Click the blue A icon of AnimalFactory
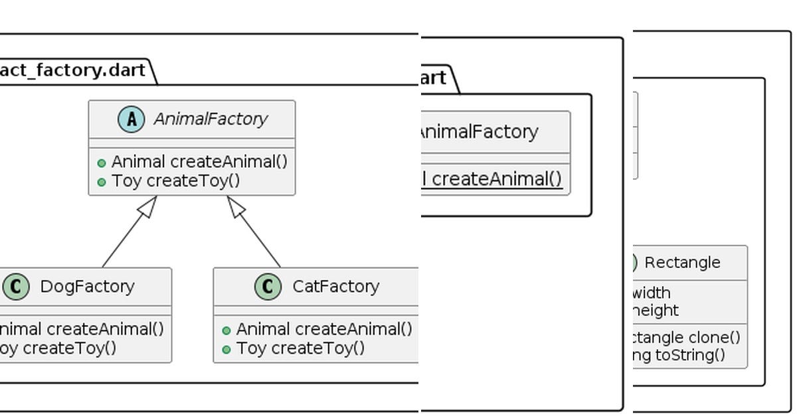tap(132, 119)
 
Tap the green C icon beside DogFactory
tap(16, 287)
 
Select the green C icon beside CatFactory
tap(268, 287)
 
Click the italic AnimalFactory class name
tap(210, 119)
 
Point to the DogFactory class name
tap(87, 287)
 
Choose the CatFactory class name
tap(335, 287)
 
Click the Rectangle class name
tap(682, 263)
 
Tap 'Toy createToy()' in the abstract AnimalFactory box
tap(176, 180)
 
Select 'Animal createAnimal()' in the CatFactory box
tap(324, 329)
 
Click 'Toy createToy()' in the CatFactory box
tap(300, 348)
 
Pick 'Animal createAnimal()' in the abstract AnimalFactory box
tap(199, 162)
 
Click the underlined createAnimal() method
tap(495, 179)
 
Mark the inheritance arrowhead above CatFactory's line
tap(236, 206)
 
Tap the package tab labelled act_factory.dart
tap(73, 71)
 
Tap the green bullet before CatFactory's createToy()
tap(226, 349)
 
